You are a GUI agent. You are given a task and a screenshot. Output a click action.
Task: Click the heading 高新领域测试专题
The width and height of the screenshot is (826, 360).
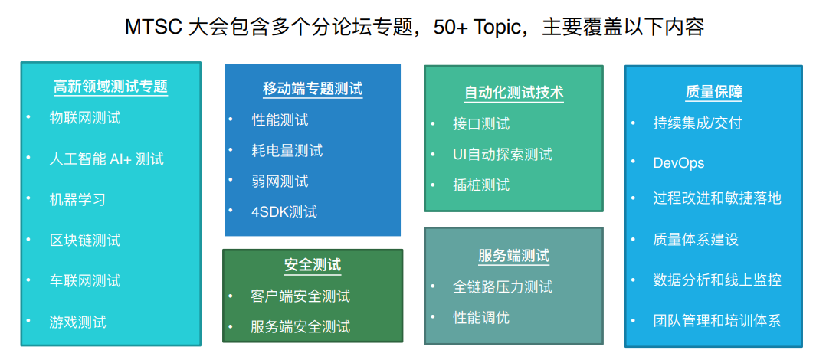110,87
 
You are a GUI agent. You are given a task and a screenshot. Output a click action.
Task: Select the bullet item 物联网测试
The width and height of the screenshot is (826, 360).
85,117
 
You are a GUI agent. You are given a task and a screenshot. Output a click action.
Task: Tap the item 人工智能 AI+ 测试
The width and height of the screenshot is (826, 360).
107,159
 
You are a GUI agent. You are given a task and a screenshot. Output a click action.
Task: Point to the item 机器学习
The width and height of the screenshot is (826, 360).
77,199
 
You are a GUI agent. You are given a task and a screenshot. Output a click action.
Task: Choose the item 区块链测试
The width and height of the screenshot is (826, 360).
85,240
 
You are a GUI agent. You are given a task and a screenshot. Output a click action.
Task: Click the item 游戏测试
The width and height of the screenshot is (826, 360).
77,321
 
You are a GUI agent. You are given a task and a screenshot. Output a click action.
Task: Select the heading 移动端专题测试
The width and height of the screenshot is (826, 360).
313,89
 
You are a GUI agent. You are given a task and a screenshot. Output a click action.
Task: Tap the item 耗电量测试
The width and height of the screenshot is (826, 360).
287,151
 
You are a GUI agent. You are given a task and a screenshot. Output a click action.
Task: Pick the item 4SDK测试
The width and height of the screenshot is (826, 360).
284,212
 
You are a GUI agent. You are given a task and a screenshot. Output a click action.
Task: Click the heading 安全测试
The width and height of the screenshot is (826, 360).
313,265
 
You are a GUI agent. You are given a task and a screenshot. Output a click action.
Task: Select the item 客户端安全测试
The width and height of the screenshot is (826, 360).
301,296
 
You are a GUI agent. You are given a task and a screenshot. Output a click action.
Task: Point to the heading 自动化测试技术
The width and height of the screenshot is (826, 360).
514,93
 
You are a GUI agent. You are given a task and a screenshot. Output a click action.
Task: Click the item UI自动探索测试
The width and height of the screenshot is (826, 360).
503,154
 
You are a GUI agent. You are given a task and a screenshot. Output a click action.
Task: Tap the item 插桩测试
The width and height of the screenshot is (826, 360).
481,185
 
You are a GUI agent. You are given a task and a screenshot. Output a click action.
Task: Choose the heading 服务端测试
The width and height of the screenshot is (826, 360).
514,256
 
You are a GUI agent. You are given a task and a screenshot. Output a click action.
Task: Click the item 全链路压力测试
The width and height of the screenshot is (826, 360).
503,286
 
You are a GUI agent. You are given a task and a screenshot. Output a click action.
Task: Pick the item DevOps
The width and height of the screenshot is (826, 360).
679,162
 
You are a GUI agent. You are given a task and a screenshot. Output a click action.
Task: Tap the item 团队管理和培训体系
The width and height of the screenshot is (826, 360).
717,320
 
